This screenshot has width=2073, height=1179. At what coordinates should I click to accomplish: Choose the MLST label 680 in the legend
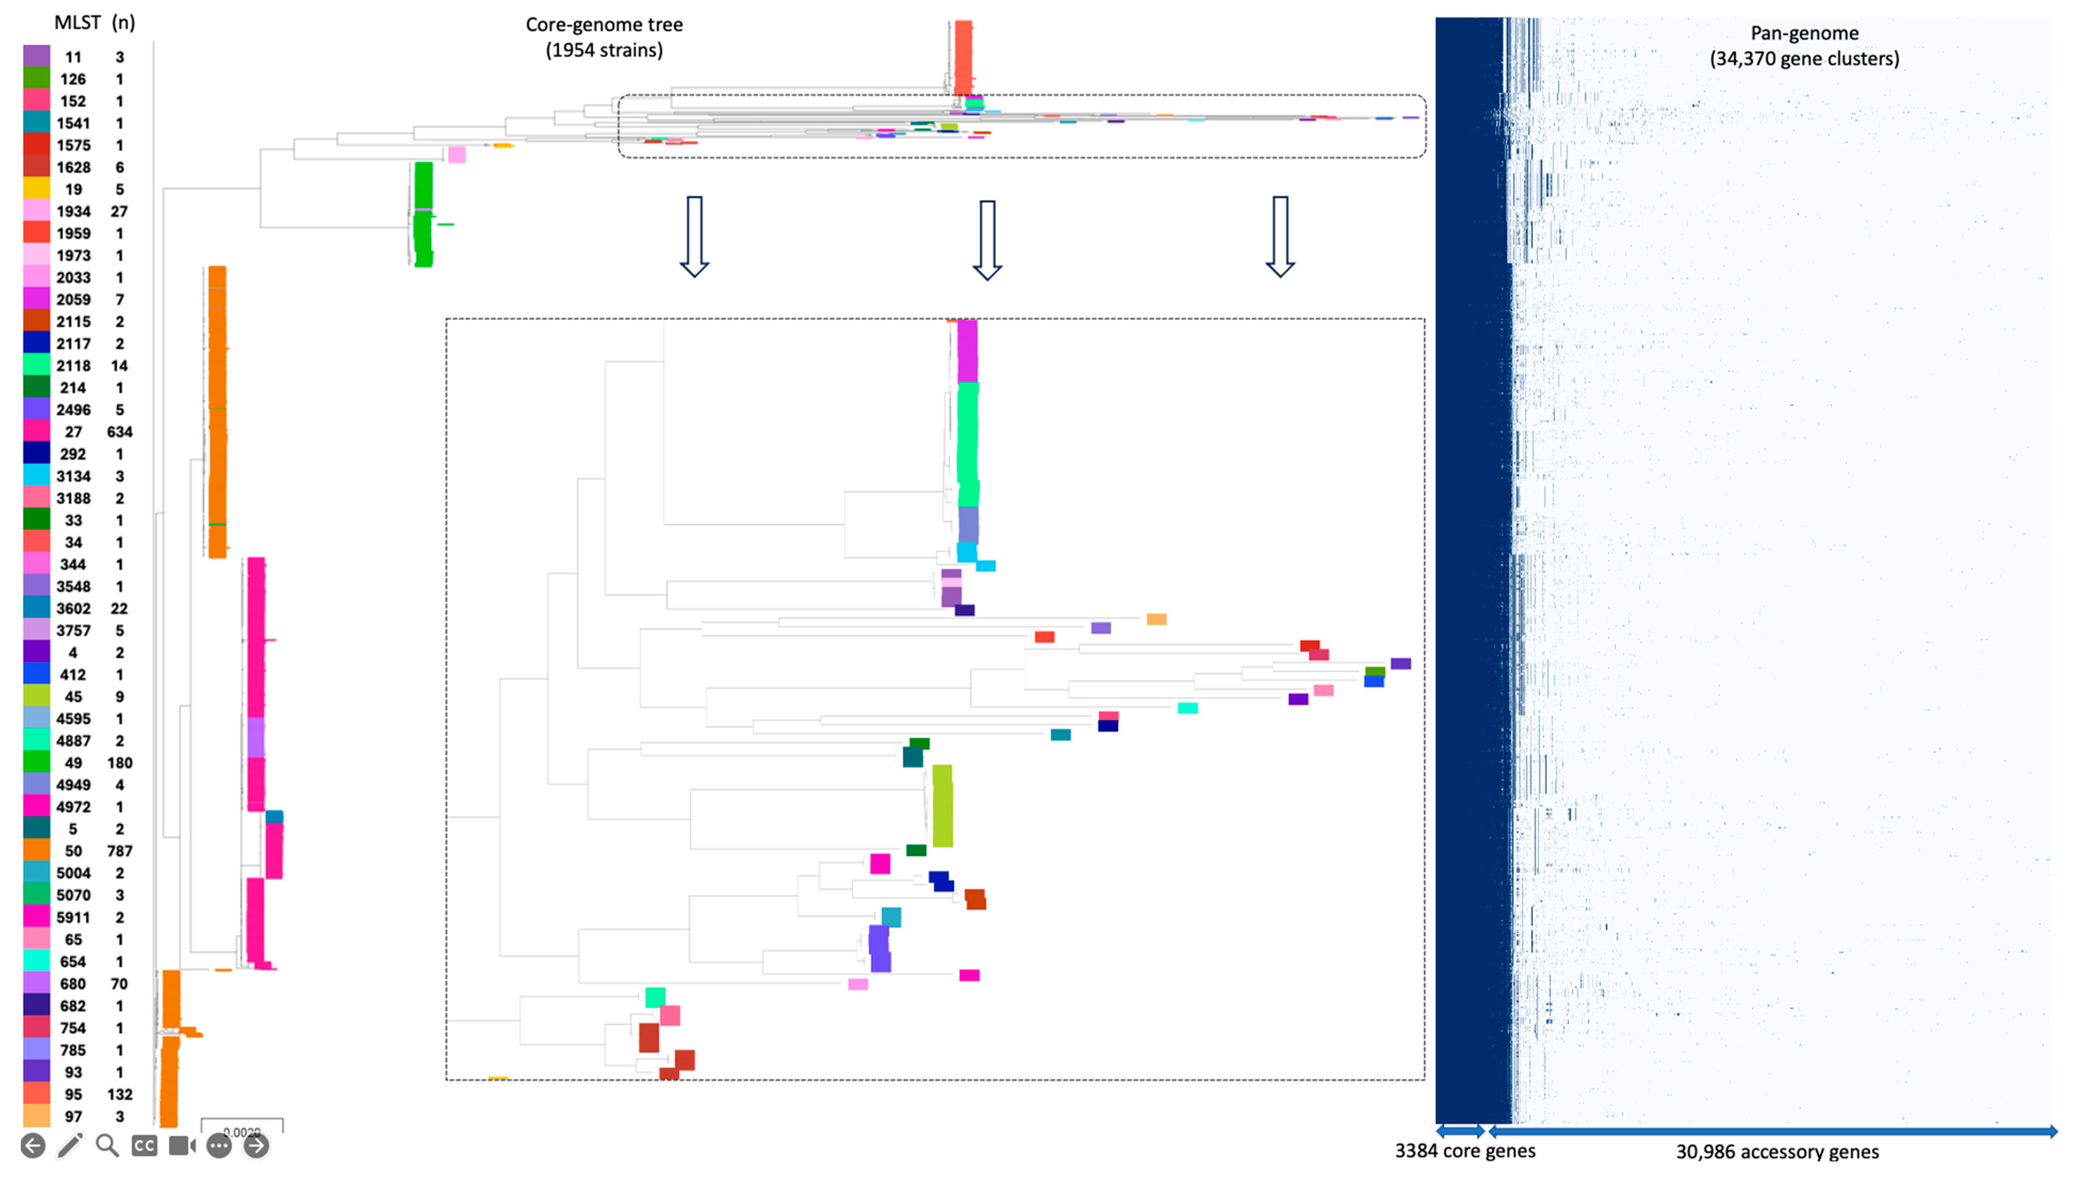(x=73, y=984)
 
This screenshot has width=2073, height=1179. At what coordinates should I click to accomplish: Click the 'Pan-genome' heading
(x=1804, y=33)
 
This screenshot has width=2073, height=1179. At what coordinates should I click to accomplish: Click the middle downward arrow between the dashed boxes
(x=986, y=240)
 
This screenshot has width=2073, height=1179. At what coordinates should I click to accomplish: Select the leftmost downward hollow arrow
(x=694, y=236)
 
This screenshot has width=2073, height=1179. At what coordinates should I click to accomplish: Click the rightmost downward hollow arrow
(x=1279, y=236)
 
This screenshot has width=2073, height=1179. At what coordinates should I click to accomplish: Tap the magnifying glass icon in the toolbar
(x=107, y=1146)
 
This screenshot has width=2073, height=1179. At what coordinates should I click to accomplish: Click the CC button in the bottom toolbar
(x=144, y=1146)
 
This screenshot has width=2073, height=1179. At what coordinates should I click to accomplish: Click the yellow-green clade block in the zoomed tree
(x=942, y=806)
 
